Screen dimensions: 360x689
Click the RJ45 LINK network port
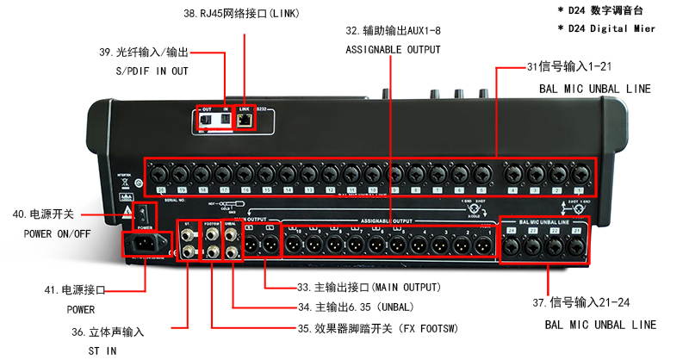[x=247, y=121]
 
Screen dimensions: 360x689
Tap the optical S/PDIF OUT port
[x=207, y=121]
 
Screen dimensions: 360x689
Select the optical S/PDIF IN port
[x=227, y=121]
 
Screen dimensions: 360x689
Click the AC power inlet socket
[x=144, y=246]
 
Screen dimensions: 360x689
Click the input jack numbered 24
[x=512, y=246]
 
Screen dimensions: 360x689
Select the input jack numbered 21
[x=578, y=246]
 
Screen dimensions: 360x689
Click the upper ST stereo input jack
[x=189, y=231]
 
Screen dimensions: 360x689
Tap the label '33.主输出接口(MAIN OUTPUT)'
[x=370, y=287]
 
